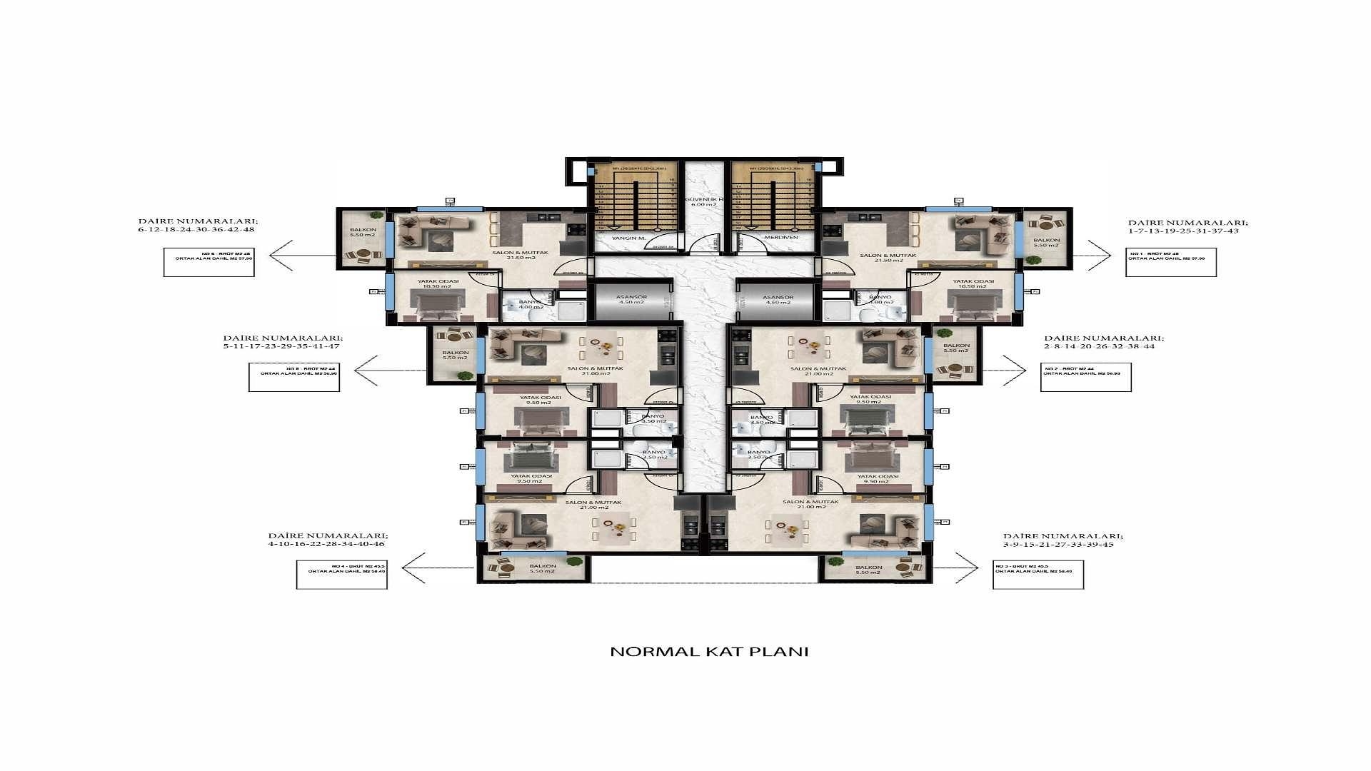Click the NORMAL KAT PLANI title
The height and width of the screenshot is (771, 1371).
click(709, 652)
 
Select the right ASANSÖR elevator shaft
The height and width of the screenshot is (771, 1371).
click(778, 300)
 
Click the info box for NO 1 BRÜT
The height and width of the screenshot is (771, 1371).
click(1171, 262)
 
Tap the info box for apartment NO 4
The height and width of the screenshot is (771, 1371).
click(341, 574)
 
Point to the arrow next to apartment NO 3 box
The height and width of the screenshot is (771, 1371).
click(957, 568)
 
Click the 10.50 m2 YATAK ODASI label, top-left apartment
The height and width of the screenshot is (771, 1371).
click(438, 284)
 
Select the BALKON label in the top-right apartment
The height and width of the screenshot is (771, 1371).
click(1047, 243)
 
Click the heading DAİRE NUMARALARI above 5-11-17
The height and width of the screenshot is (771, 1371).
click(283, 338)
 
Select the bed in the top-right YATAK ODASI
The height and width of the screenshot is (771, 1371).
click(970, 303)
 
